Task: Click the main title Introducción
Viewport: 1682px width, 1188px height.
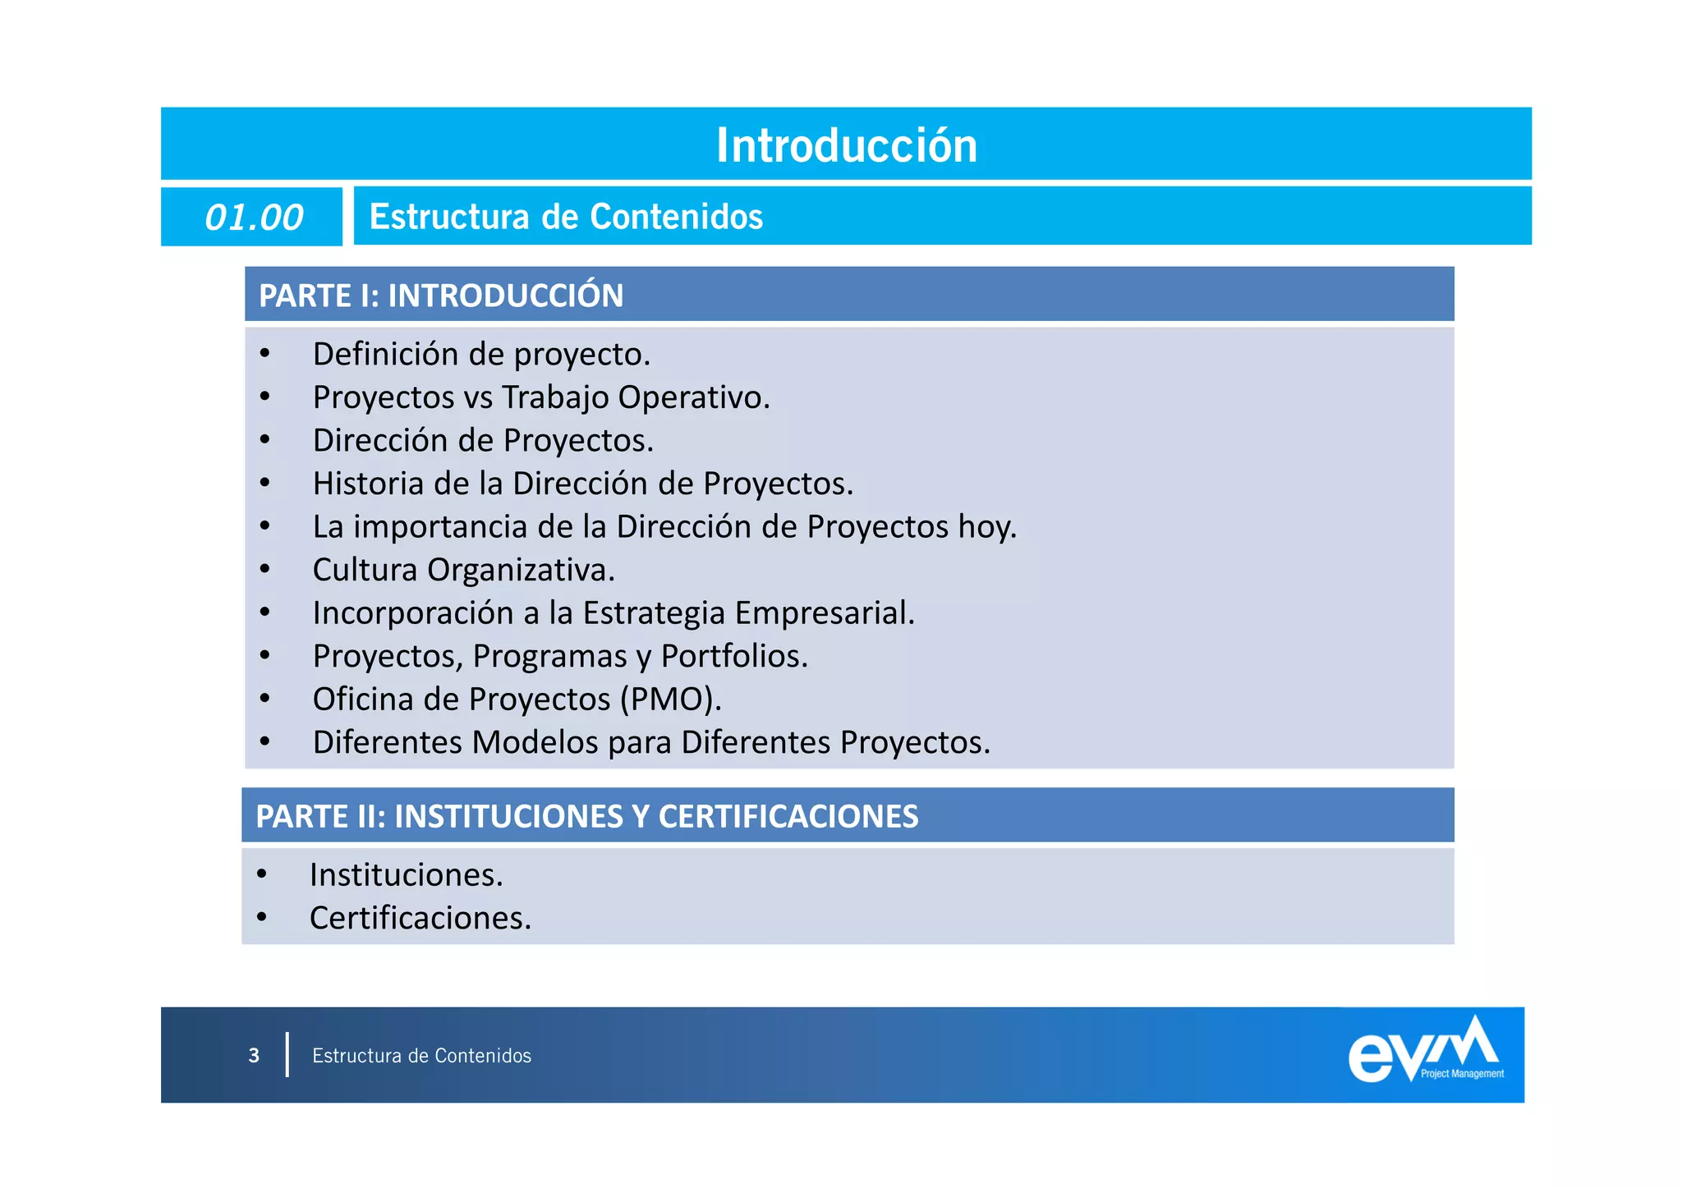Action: point(846,145)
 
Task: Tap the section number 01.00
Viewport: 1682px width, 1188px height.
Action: point(253,218)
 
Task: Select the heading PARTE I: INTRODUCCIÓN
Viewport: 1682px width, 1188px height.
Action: point(441,296)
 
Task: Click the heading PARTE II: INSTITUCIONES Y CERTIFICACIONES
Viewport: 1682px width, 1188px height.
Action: point(586,816)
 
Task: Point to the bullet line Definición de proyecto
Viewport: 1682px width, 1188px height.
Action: point(481,355)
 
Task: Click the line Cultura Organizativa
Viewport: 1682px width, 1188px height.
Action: point(463,570)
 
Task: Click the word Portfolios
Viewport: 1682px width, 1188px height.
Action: point(733,656)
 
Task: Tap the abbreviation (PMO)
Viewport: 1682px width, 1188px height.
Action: point(670,699)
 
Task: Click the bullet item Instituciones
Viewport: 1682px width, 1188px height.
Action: point(406,875)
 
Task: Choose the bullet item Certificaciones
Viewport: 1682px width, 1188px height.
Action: point(420,918)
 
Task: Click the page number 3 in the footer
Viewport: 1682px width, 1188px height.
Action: point(254,1055)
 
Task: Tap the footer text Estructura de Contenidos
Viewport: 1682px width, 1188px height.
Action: point(421,1056)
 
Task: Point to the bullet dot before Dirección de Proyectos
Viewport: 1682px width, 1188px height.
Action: point(264,441)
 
